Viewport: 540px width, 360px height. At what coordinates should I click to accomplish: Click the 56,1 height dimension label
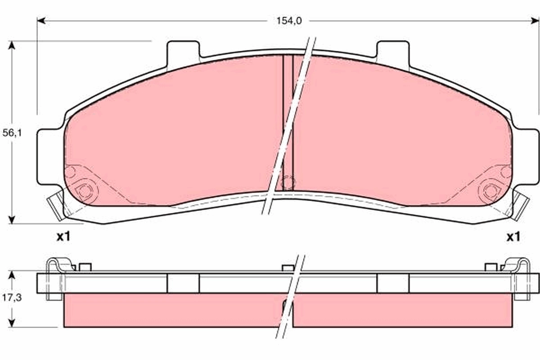coord(12,133)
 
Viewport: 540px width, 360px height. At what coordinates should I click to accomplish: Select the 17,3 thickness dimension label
coord(12,298)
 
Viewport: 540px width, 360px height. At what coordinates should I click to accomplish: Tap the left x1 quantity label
coord(63,237)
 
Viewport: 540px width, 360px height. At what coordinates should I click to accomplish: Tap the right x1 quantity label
coord(513,237)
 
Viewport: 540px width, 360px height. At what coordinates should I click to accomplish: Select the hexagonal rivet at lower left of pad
coord(84,191)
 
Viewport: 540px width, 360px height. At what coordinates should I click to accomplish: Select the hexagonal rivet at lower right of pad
coord(490,191)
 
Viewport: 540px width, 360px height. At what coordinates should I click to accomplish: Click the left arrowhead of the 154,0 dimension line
coord(41,21)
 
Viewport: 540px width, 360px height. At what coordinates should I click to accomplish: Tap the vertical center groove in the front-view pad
coord(288,112)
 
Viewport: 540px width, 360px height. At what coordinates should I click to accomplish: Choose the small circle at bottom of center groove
coord(288,182)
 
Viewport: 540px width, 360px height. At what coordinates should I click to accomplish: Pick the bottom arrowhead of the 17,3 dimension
coord(12,323)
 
